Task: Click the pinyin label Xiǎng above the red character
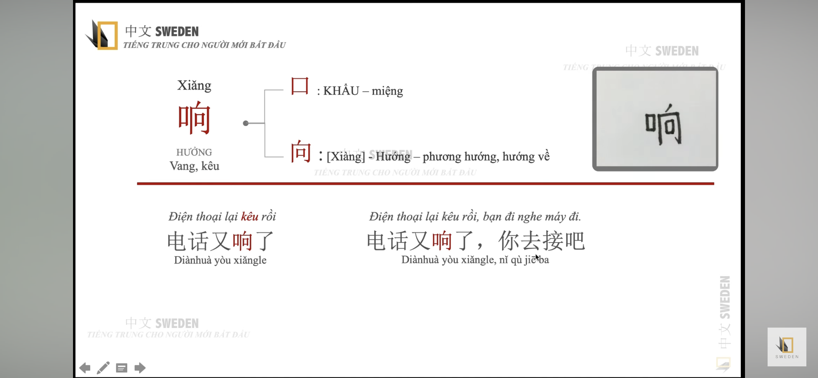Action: [194, 86]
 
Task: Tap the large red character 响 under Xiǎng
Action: [194, 118]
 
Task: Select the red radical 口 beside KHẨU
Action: [300, 86]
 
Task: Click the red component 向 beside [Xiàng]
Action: [301, 151]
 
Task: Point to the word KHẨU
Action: [341, 91]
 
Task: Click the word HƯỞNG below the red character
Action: [194, 152]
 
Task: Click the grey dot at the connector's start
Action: [246, 123]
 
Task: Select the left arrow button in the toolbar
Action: [85, 368]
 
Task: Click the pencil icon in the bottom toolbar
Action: [103, 368]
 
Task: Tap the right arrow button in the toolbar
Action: [140, 368]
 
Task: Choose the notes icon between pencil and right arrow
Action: [122, 368]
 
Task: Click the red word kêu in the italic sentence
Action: [250, 216]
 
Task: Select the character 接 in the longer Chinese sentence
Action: [553, 241]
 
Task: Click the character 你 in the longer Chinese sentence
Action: [509, 241]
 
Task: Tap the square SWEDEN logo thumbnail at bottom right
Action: [787, 347]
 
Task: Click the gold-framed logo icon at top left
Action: [102, 35]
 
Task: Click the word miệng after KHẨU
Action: [387, 91]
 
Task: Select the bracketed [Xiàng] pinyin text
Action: [346, 157]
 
